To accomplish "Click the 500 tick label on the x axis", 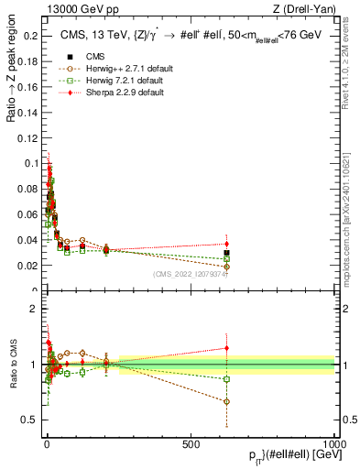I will [191, 443].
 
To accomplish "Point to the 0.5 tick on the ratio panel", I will [29, 420].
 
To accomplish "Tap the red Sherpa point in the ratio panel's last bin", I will [226, 347].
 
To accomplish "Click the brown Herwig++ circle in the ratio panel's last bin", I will [226, 401].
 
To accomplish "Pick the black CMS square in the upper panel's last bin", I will [226, 253].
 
